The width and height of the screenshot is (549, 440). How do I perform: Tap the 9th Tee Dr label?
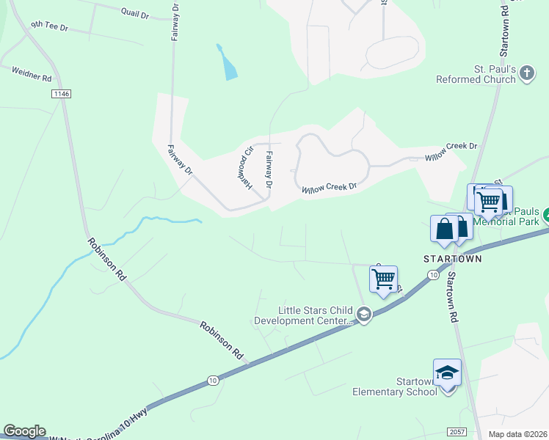coord(48,26)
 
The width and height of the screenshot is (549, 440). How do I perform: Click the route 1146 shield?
coord(60,95)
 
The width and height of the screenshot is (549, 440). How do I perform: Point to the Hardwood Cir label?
coord(247,169)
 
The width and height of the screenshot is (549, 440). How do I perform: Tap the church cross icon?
coord(527,73)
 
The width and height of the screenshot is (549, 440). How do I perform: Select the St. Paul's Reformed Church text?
coord(477,74)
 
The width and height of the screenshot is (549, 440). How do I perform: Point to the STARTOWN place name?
coord(453,259)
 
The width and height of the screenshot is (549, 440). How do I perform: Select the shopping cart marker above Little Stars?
coord(383,279)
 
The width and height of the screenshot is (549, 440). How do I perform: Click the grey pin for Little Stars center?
coord(363,315)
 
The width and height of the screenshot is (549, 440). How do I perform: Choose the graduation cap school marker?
coord(447,373)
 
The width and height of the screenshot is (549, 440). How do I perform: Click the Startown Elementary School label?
coord(395,386)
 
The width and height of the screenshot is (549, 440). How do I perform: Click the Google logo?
coord(24,431)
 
